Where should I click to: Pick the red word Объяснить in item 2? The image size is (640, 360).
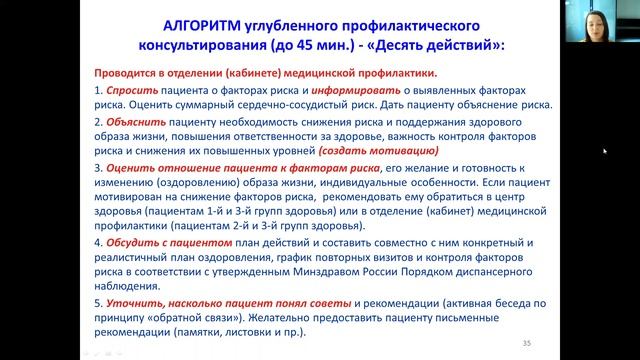[130, 117]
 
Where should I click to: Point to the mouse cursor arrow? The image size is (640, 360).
[604, 152]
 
